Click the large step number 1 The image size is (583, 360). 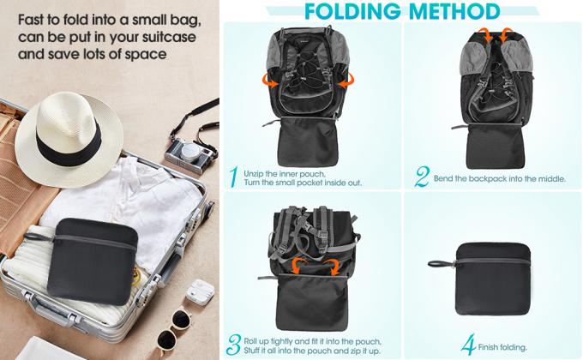point(232,177)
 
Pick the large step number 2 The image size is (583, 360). point(421,177)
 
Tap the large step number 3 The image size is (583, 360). point(232,345)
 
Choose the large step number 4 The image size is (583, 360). point(468,345)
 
